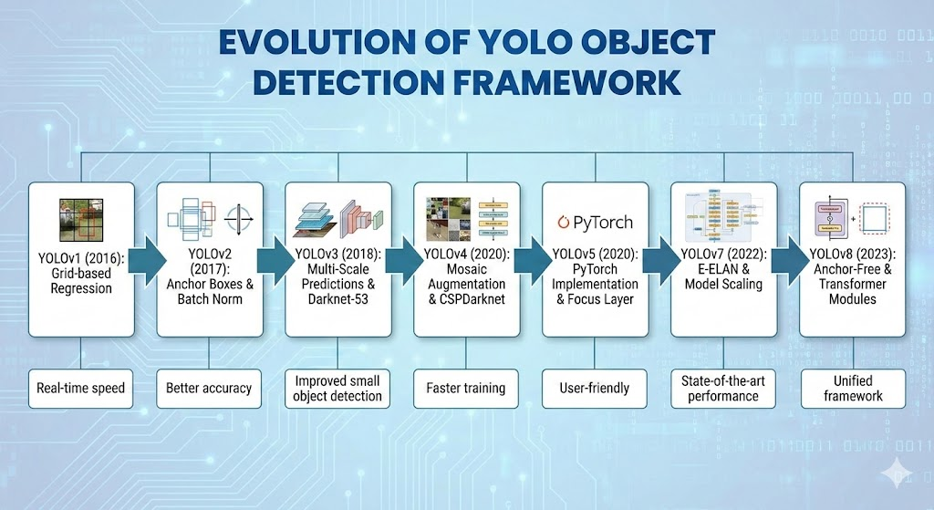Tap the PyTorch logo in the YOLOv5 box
(x=595, y=222)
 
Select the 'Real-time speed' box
(x=81, y=388)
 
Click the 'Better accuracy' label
(x=209, y=388)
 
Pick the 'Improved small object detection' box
(x=338, y=388)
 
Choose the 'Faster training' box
(x=465, y=388)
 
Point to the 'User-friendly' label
(x=595, y=388)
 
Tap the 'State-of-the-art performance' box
(x=723, y=388)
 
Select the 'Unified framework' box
(x=853, y=388)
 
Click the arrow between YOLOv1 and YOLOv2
(x=145, y=261)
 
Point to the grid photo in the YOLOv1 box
(x=81, y=222)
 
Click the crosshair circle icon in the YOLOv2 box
(x=238, y=220)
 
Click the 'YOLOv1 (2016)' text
(x=80, y=256)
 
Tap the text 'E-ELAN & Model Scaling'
(x=722, y=276)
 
